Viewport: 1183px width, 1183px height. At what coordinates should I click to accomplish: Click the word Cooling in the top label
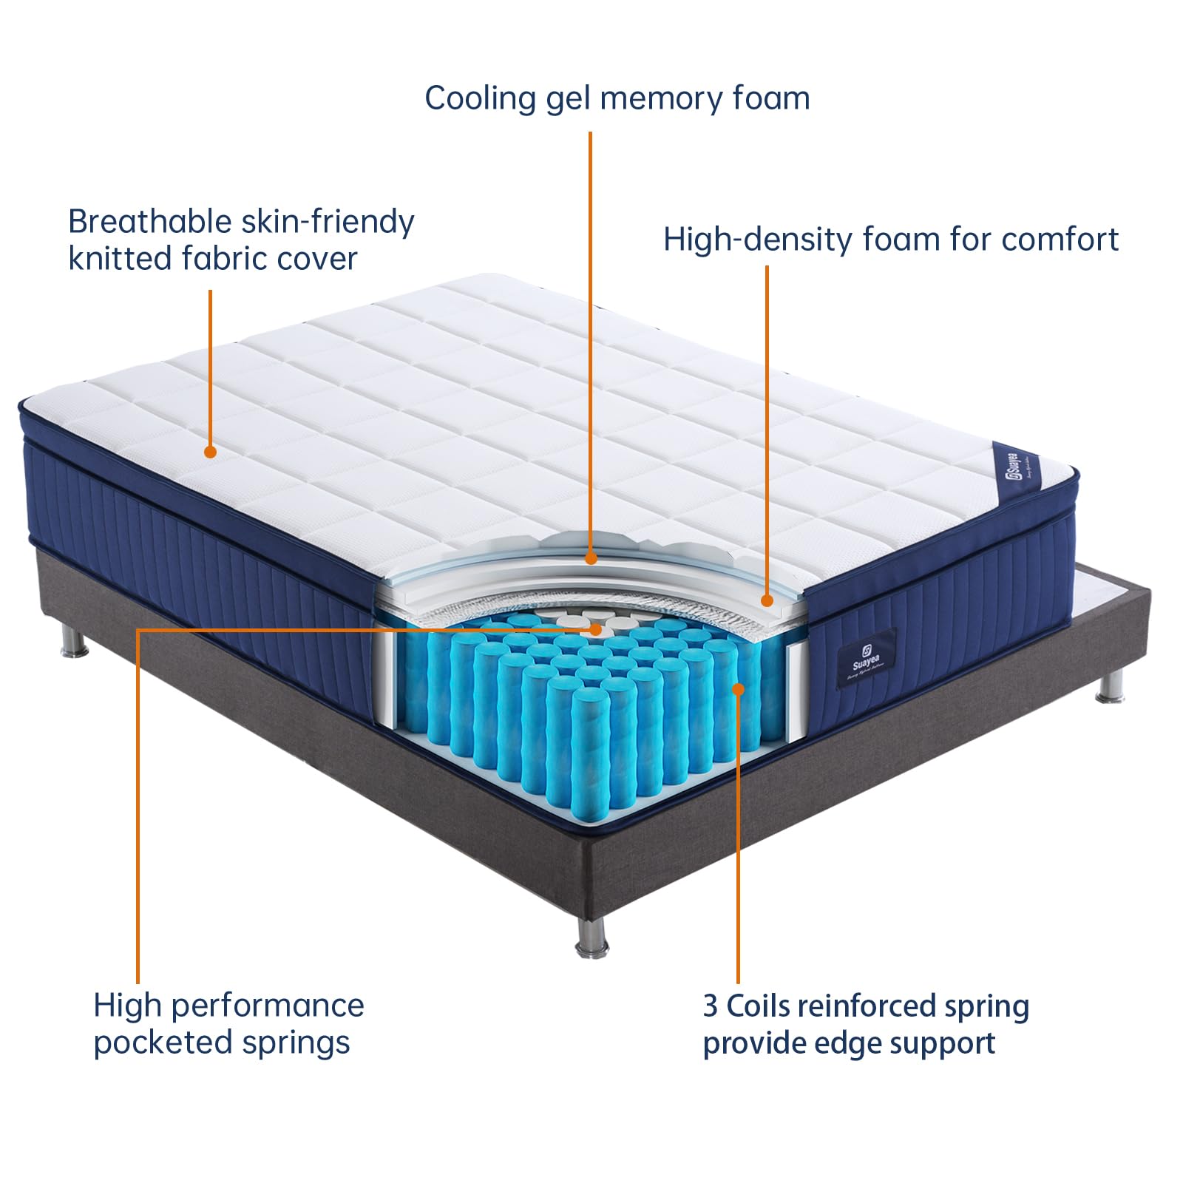tap(480, 99)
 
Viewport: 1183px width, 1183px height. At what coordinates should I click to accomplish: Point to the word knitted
tap(121, 259)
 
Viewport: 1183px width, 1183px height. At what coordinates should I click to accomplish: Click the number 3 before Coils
tap(710, 1006)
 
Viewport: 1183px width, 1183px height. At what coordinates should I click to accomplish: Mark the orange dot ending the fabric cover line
tap(210, 451)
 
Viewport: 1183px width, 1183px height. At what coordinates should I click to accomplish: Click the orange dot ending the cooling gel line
tap(590, 559)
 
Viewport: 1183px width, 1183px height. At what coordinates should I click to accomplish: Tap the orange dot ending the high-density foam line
tap(767, 601)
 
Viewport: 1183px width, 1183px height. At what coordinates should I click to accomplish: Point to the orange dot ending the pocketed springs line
tap(596, 629)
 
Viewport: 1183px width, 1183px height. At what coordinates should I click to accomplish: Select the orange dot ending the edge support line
tap(737, 689)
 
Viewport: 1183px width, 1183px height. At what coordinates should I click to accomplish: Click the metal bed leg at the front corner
tap(591, 939)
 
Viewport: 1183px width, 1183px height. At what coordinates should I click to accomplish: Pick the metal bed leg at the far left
tap(74, 643)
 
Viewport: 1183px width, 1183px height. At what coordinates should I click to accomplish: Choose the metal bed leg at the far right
tap(1108, 688)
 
